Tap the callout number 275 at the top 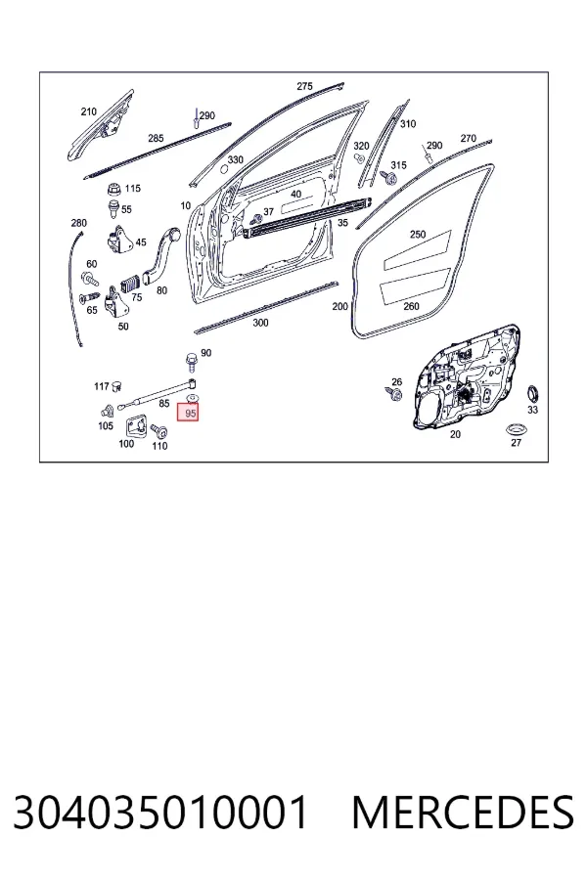(304, 86)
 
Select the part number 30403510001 (160, 813)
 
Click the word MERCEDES (463, 813)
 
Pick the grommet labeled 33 (532, 394)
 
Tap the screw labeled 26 (392, 393)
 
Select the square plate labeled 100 (135, 426)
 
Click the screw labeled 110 (158, 431)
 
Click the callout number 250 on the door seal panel (418, 234)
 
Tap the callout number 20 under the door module (455, 434)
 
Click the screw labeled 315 (388, 178)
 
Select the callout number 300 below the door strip (260, 323)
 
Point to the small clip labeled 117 (116, 385)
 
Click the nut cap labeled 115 (114, 189)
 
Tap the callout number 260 (411, 306)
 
